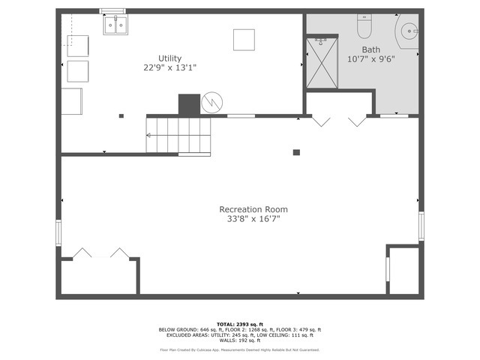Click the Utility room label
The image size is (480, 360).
[x=169, y=58]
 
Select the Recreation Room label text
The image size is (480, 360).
[x=253, y=209]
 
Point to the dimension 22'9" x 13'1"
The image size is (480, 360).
[x=169, y=67]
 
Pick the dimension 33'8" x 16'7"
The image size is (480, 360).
[x=253, y=219]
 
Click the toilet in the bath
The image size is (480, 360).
[x=364, y=28]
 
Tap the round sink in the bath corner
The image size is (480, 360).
[x=409, y=31]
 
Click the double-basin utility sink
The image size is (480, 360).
[x=115, y=26]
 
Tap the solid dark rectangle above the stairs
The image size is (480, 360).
[x=189, y=104]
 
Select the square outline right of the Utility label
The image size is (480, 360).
[x=243, y=39]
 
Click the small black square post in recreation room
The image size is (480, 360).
[x=296, y=152]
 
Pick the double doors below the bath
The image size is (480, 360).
[x=338, y=119]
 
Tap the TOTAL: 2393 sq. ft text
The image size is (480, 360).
[x=239, y=324]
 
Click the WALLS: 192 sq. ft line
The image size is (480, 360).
[x=239, y=340]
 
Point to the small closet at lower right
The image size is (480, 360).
[x=403, y=270]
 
